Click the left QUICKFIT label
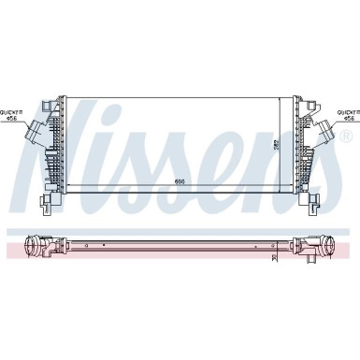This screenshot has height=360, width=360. (13, 111)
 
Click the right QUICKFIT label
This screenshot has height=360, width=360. (347, 111)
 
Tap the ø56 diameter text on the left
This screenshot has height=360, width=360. (13, 119)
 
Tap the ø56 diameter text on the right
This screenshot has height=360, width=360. (348, 119)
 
